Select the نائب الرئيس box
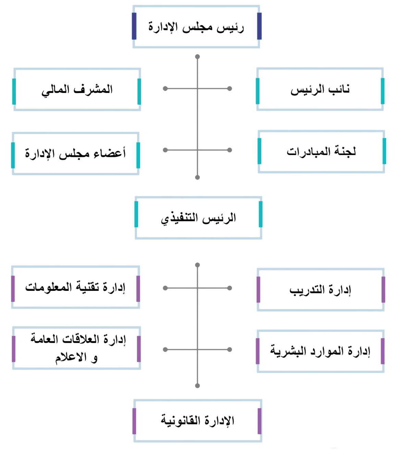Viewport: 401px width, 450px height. pyautogui.click(x=320, y=90)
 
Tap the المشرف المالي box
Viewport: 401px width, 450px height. pyautogui.click(x=77, y=90)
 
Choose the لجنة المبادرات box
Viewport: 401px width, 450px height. pyautogui.click(x=321, y=151)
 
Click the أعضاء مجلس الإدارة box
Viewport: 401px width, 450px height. pyautogui.click(x=76, y=153)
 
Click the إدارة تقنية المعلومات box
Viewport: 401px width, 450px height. pyautogui.click(x=76, y=287)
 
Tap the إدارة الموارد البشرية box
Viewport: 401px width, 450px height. pyautogui.click(x=320, y=351)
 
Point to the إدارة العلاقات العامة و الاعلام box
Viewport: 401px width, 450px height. pyautogui.click(x=76, y=348)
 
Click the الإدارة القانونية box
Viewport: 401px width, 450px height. pyautogui.click(x=197, y=420)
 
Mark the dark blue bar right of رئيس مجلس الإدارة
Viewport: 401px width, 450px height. pyautogui.click(x=259, y=26)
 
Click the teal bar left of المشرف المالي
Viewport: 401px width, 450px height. pyautogui.click(x=14, y=91)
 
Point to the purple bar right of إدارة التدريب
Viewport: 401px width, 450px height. pyautogui.click(x=383, y=290)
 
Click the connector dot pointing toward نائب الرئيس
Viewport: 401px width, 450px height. pyautogui.click(x=229, y=89)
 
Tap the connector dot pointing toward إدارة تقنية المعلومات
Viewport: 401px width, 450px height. pyautogui.click(x=165, y=287)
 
